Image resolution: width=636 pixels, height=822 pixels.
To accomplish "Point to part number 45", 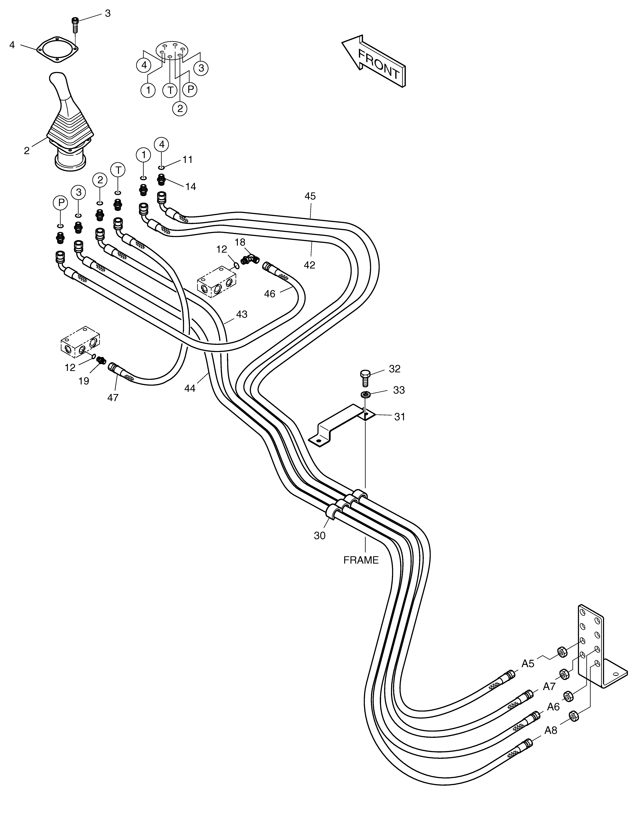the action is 310,196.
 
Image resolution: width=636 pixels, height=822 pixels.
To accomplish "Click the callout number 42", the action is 310,265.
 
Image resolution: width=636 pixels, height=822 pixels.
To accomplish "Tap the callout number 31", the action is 400,417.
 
